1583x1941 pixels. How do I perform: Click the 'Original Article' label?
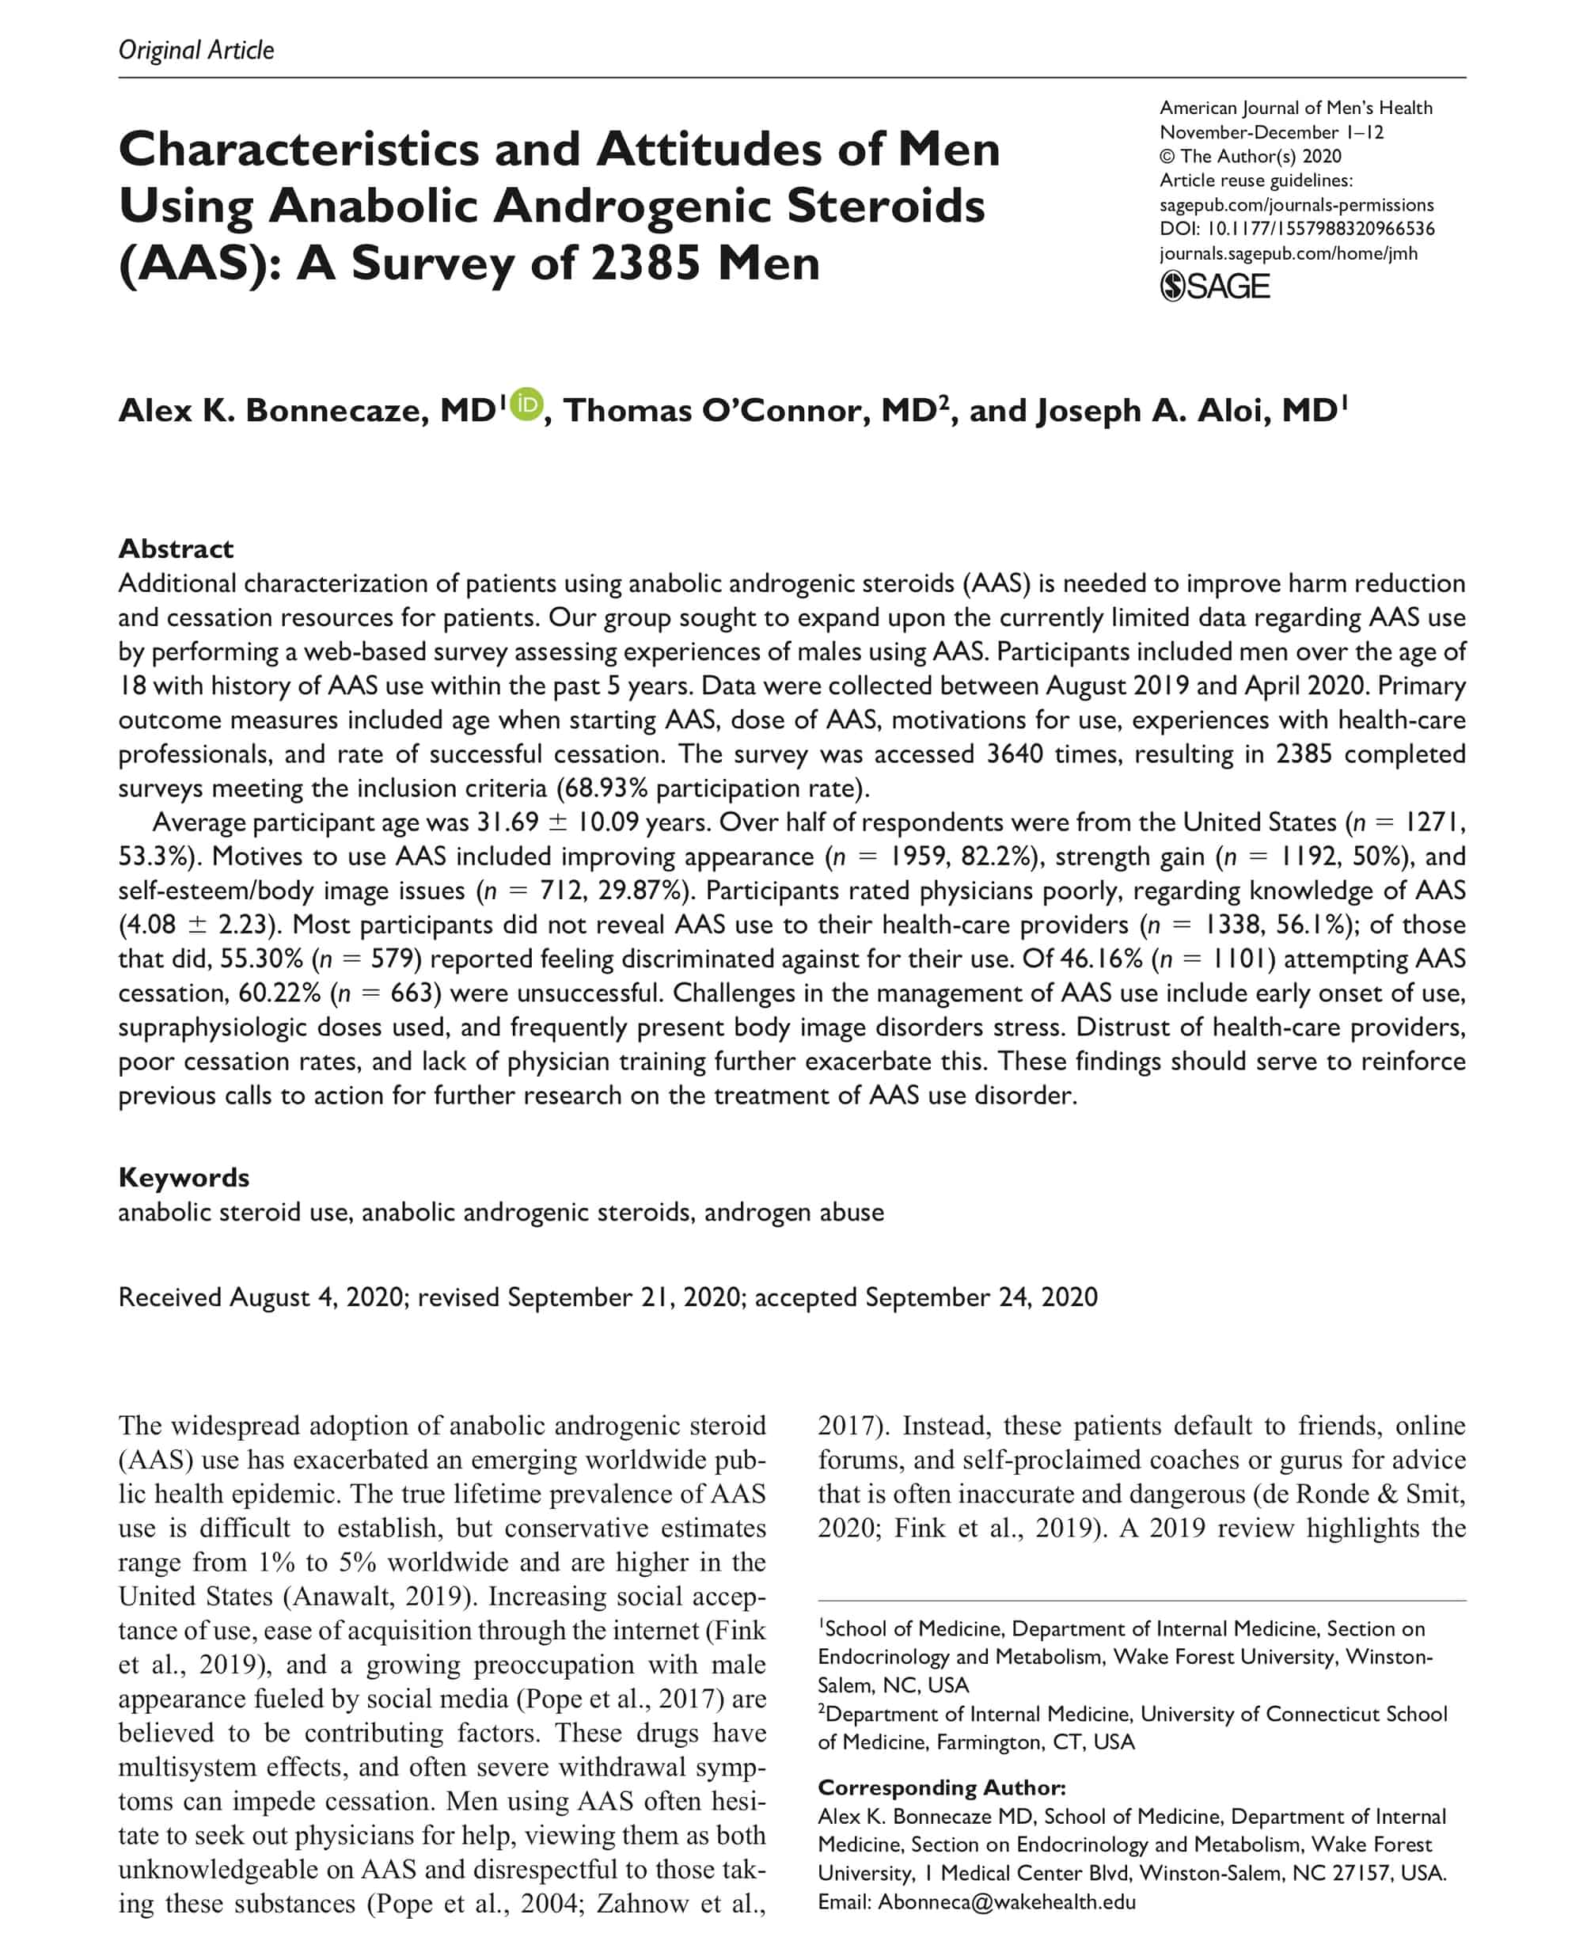pyautogui.click(x=196, y=49)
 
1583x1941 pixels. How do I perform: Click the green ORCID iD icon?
pyautogui.click(x=526, y=404)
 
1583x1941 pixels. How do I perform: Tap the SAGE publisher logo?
pyautogui.click(x=1215, y=287)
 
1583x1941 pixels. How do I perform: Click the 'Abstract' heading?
pyautogui.click(x=176, y=549)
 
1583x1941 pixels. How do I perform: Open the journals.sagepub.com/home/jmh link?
pyautogui.click(x=1289, y=253)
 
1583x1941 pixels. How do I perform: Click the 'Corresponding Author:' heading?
pyautogui.click(x=941, y=1787)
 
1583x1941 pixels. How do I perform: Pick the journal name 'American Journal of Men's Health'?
pyautogui.click(x=1296, y=108)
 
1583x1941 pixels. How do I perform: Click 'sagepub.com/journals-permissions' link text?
pyautogui.click(x=1296, y=205)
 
